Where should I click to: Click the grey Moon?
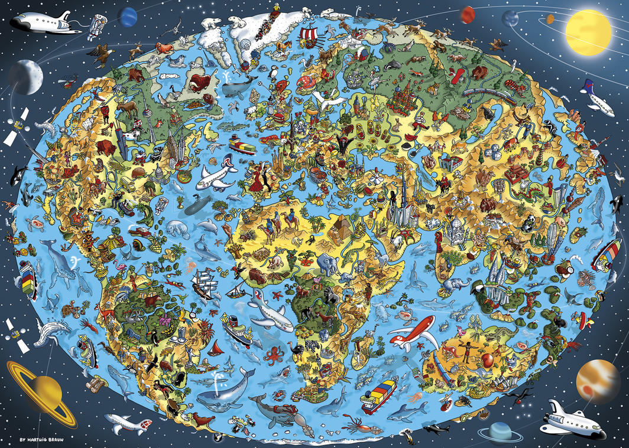coord(25,76)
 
